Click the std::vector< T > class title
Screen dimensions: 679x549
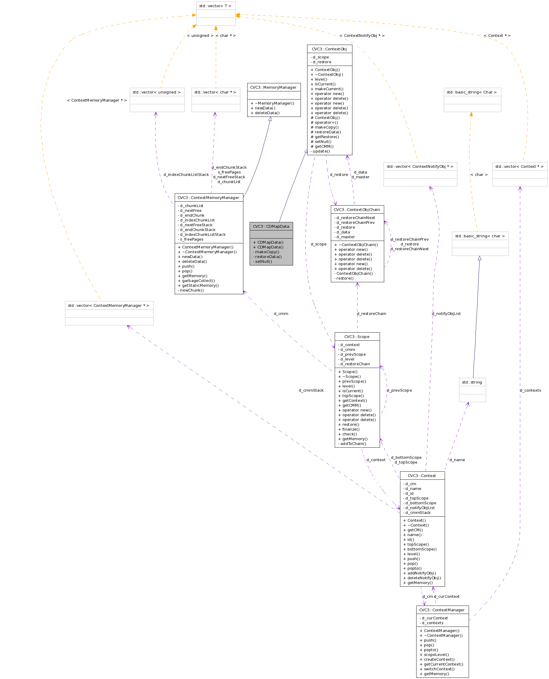click(215, 6)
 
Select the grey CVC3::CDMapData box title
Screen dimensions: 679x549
click(271, 227)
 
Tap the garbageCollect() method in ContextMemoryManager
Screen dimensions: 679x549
click(198, 281)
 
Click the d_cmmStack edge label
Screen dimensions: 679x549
click(311, 390)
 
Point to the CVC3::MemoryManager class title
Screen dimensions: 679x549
click(274, 87)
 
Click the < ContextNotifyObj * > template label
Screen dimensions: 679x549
click(362, 36)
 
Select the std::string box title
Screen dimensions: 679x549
click(472, 382)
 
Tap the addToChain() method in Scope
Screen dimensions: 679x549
click(353, 444)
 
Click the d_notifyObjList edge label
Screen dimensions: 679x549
click(447, 314)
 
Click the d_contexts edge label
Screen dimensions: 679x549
click(531, 390)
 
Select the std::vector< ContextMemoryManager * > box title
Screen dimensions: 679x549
click(109, 306)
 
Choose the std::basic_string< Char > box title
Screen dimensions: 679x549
click(472, 92)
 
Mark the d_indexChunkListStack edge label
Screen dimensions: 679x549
click(186, 175)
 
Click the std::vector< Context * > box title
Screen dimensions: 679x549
click(520, 167)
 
